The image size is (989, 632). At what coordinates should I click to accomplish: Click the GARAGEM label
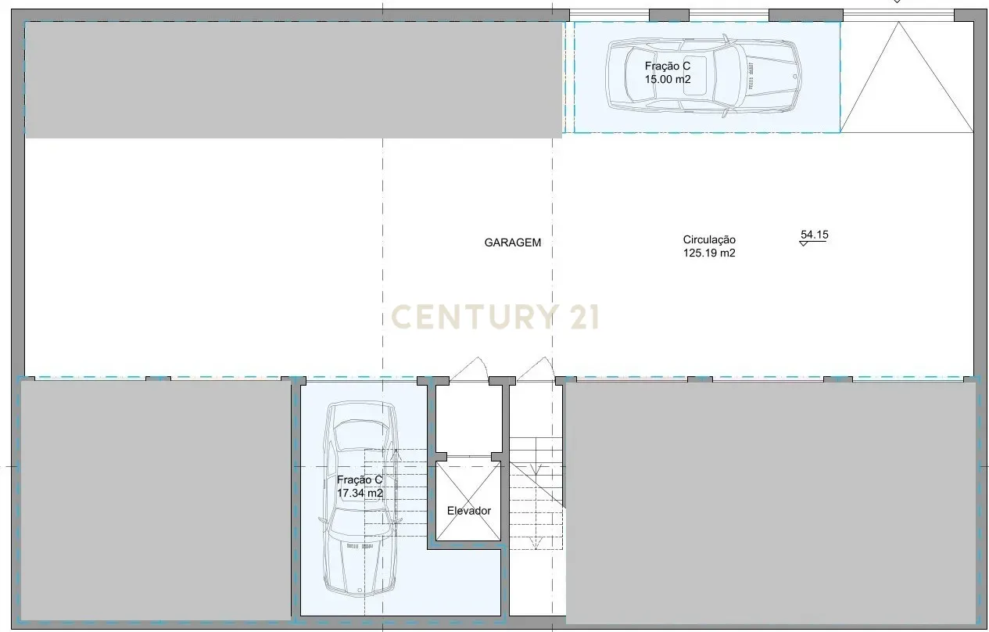[x=512, y=242]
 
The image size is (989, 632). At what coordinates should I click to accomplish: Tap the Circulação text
[x=709, y=240]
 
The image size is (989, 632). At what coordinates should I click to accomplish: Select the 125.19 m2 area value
[x=709, y=253]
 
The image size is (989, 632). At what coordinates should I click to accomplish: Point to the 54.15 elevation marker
[x=813, y=235]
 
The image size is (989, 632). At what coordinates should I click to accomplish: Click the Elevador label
[x=469, y=511]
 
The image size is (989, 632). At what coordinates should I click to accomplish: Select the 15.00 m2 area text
[x=667, y=79]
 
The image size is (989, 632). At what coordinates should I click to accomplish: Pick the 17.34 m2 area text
[x=360, y=494]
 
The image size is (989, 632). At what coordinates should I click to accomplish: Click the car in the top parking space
[x=704, y=76]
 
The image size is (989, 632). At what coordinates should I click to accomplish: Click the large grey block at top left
[x=293, y=79]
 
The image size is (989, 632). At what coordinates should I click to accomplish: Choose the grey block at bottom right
[x=770, y=501]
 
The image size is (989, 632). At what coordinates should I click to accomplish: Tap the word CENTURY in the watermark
[x=472, y=316]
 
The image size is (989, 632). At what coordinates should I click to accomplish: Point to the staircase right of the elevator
[x=538, y=493]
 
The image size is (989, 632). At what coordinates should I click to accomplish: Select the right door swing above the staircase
[x=535, y=369]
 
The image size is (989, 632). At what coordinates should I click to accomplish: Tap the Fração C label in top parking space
[x=667, y=66]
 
